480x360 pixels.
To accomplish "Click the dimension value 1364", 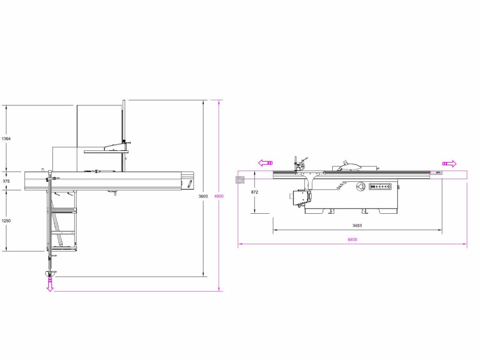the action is (x=6, y=139).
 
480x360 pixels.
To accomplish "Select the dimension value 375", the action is (x=6, y=181).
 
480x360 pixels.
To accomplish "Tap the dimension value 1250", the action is (x=6, y=221).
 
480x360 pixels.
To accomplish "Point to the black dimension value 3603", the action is (x=203, y=196).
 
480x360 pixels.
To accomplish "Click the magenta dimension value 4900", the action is (x=218, y=196).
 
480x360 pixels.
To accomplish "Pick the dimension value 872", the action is (x=255, y=192).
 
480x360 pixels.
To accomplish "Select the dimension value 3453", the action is (x=357, y=225).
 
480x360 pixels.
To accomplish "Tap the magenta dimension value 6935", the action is (x=352, y=240).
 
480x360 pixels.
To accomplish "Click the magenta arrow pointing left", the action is (x=265, y=163).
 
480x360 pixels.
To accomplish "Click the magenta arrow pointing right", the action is (x=450, y=164).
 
